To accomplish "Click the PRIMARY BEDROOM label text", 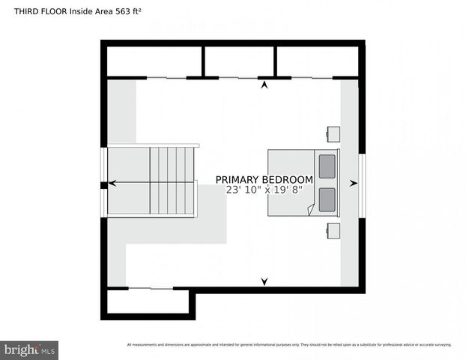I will [264, 180].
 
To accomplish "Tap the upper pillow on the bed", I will [327, 166].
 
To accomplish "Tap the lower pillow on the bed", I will [327, 200].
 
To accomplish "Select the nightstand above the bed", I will [333, 134].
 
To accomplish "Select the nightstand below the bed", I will [333, 229].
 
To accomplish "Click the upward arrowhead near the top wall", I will [264, 85].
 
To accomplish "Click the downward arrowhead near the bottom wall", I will [264, 281].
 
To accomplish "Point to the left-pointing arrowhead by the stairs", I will [112, 182].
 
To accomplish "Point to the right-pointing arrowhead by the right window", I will [354, 182].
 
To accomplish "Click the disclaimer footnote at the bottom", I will [289, 345].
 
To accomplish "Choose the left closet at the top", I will [154, 61].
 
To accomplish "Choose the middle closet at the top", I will [240, 61].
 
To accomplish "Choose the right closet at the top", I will [318, 61].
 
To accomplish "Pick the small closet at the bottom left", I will [148, 301].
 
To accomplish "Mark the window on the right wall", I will [362, 182].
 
